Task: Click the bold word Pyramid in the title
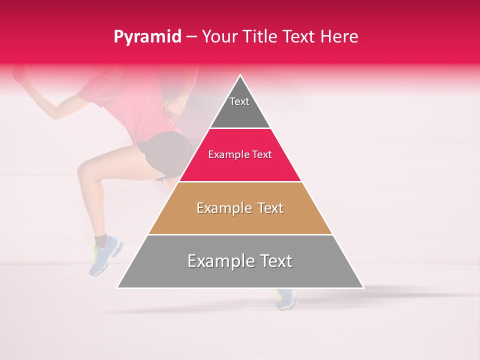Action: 147,37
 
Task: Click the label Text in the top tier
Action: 239,101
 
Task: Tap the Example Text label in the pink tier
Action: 240,154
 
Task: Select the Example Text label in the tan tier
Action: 240,208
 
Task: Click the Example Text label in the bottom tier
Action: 240,261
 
